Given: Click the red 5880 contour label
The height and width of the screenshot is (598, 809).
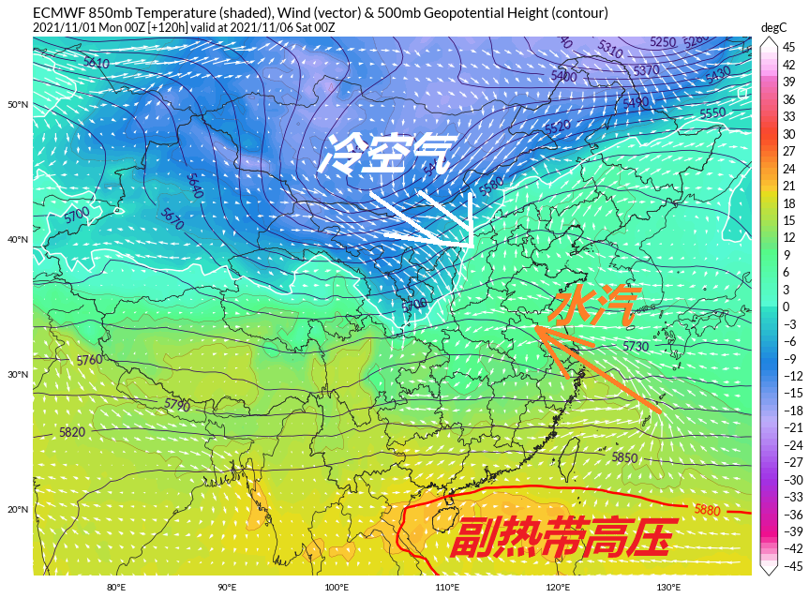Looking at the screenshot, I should [x=708, y=510].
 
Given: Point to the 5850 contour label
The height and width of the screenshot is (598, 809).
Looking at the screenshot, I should [x=624, y=457].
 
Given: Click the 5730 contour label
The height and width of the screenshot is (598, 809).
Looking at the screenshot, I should [x=636, y=347].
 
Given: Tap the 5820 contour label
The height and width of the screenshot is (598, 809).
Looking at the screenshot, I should [x=71, y=432].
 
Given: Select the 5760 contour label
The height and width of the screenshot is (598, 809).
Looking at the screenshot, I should [x=90, y=360].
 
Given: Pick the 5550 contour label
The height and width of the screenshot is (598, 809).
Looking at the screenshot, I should [x=712, y=112].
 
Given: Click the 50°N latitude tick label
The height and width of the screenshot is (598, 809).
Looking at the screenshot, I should [x=18, y=104].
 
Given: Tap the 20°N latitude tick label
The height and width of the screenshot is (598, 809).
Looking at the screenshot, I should [x=18, y=510].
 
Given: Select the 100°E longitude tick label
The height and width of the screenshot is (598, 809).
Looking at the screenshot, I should [x=337, y=588].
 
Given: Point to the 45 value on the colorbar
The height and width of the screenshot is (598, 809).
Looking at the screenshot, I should [x=789, y=47].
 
